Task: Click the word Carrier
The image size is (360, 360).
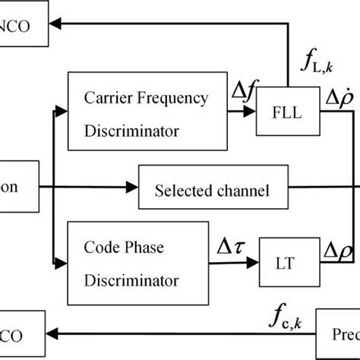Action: click(112, 98)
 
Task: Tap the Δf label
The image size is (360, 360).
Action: click(245, 93)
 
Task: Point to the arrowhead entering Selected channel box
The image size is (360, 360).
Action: click(133, 187)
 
